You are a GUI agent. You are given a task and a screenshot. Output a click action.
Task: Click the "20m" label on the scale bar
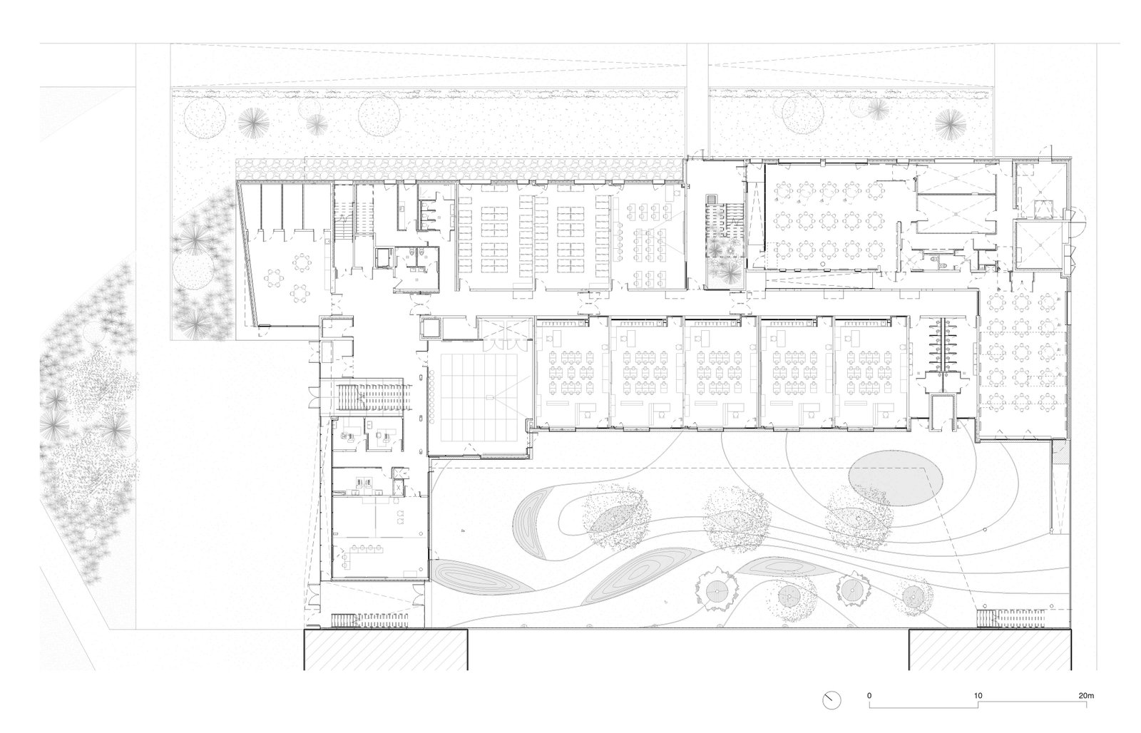(1086, 695)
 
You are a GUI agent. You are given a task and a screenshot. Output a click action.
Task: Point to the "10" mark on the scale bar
(978, 695)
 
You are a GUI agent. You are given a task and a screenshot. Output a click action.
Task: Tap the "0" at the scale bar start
(869, 695)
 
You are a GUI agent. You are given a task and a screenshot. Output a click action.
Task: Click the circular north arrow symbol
(832, 700)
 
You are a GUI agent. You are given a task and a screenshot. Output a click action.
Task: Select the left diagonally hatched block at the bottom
(386, 650)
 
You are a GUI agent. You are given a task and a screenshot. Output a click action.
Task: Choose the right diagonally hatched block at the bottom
(991, 650)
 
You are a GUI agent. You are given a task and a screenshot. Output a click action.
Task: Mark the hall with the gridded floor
(479, 397)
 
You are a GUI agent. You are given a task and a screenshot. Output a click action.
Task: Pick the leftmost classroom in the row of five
(571, 372)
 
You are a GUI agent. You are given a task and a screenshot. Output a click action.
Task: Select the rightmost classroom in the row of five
(871, 372)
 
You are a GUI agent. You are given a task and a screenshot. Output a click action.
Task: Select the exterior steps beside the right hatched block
(1010, 618)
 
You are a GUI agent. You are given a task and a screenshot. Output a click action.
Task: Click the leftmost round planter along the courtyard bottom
(717, 591)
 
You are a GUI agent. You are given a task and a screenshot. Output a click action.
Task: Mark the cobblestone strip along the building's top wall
(459, 169)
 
